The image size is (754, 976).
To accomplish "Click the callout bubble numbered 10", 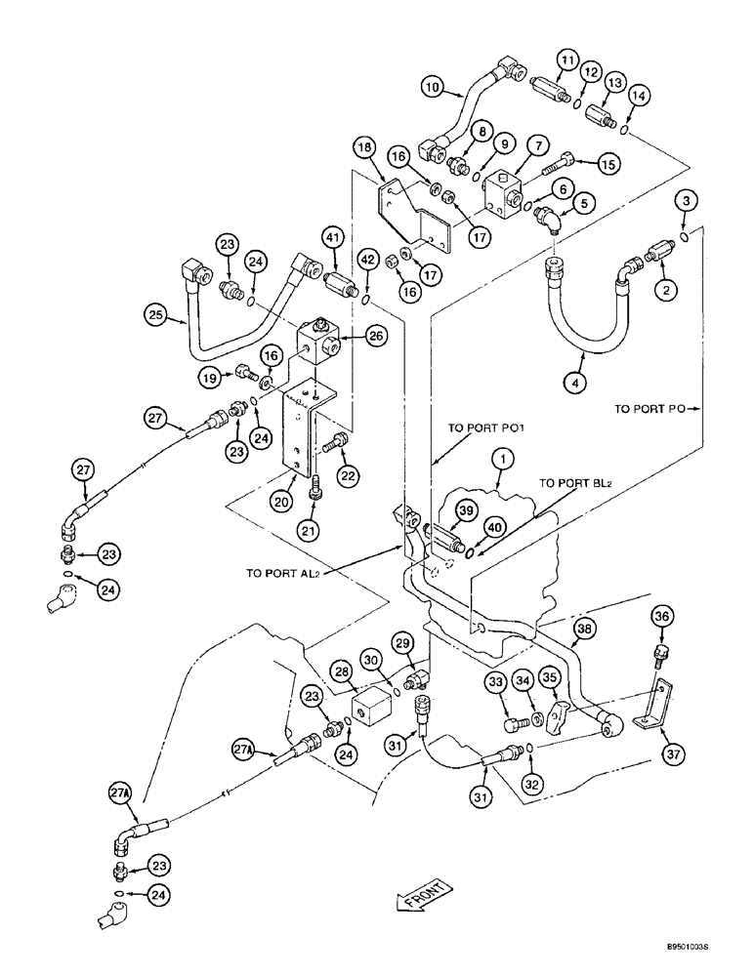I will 433,88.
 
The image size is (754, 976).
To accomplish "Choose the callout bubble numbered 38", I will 584,630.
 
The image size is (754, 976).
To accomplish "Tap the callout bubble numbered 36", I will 662,617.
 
